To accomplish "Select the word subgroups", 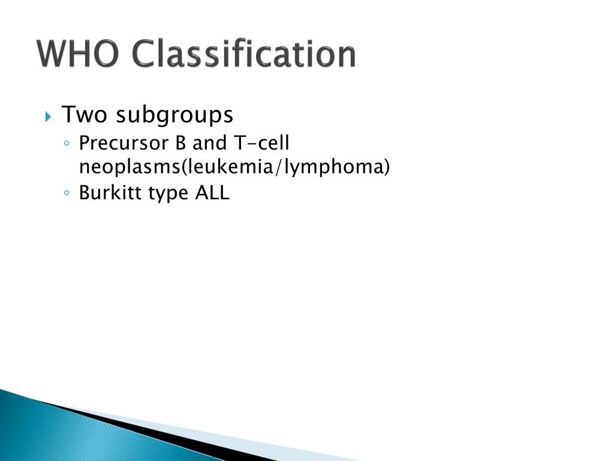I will coord(174,115).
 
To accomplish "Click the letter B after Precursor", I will coord(180,143).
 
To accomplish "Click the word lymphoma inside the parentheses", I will coord(333,167).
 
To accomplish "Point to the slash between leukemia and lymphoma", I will coord(279,167).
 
